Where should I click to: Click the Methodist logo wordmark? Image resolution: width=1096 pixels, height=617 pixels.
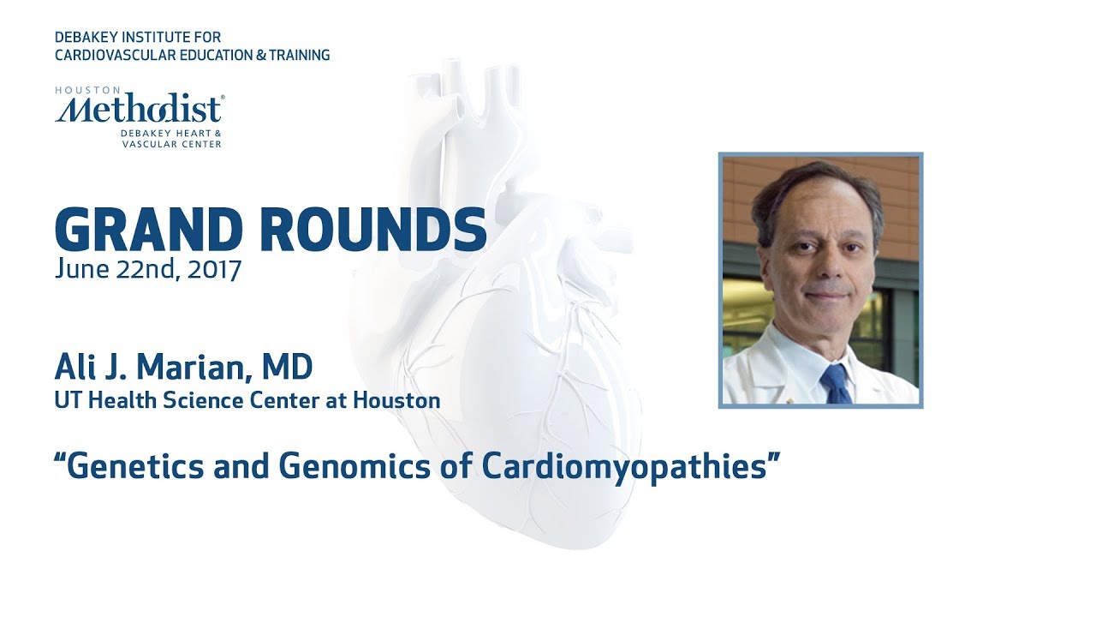tap(137, 110)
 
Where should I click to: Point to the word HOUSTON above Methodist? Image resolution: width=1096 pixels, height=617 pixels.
tap(77, 89)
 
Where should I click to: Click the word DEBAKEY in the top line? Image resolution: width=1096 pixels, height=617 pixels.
tap(86, 38)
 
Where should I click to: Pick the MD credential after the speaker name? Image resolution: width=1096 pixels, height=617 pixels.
tap(288, 368)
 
